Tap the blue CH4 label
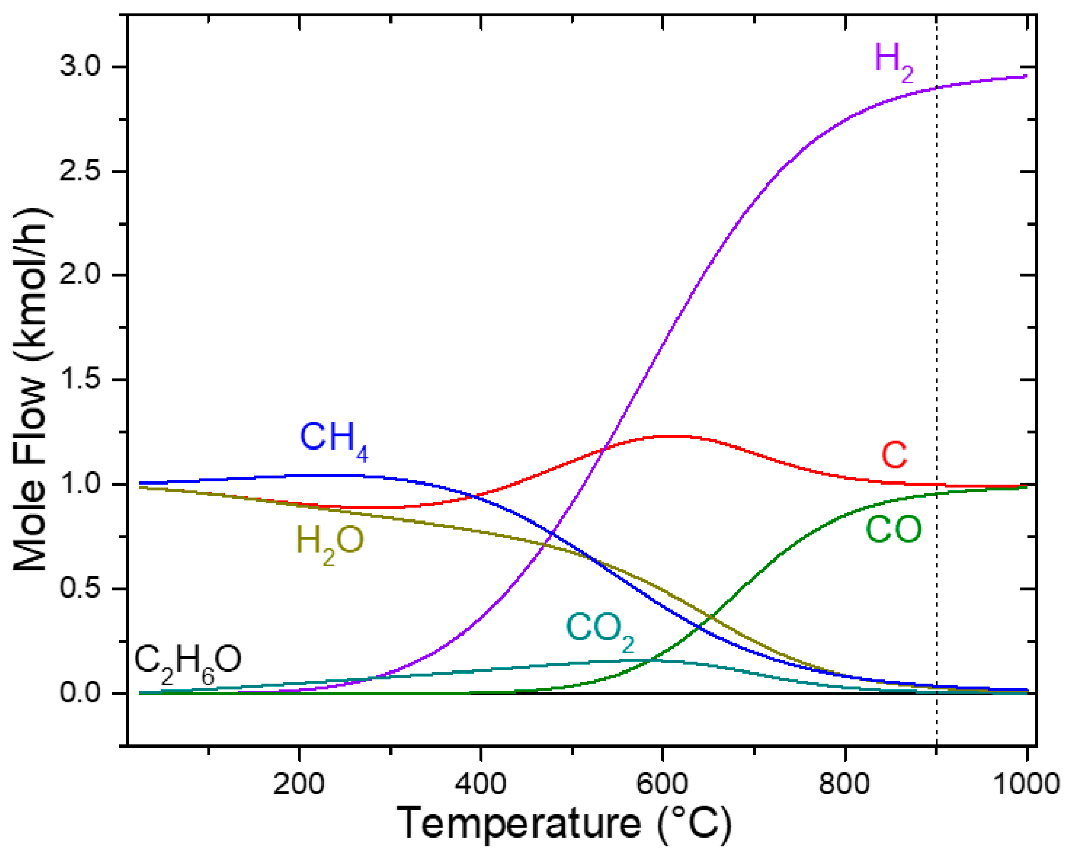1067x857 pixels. pyautogui.click(x=333, y=439)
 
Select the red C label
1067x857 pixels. pyautogui.click(x=894, y=455)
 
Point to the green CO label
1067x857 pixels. pyautogui.click(x=893, y=530)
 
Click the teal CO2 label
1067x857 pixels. pyautogui.click(x=599, y=630)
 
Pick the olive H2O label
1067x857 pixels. pyautogui.click(x=330, y=543)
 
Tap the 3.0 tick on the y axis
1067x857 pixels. pyautogui.click(x=81, y=66)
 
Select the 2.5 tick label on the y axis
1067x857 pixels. pyautogui.click(x=81, y=171)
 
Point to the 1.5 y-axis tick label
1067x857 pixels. pyautogui.click(x=81, y=380)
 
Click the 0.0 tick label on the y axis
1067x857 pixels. pyautogui.click(x=81, y=692)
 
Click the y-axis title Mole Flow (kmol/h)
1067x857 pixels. pyautogui.click(x=31, y=390)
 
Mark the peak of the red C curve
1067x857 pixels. pyautogui.click(x=669, y=436)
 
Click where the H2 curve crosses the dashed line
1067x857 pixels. pyautogui.click(x=936, y=88)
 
